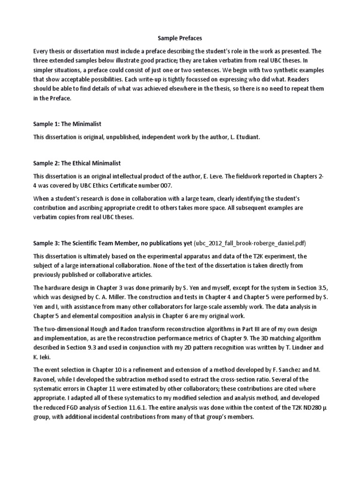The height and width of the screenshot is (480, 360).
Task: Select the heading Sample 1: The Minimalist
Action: click(x=67, y=124)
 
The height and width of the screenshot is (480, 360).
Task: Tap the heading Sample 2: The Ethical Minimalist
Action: click(x=77, y=163)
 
